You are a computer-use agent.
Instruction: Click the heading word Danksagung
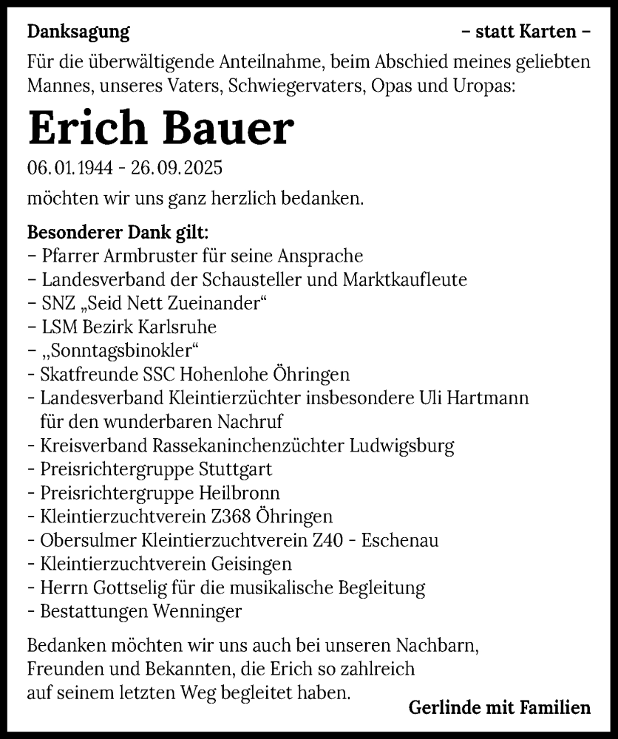point(78,32)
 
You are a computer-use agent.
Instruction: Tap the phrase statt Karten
point(525,32)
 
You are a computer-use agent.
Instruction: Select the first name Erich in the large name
point(82,129)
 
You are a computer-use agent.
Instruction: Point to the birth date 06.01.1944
point(69,168)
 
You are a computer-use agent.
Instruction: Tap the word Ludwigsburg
point(402,446)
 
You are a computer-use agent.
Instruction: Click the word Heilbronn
point(239,493)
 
